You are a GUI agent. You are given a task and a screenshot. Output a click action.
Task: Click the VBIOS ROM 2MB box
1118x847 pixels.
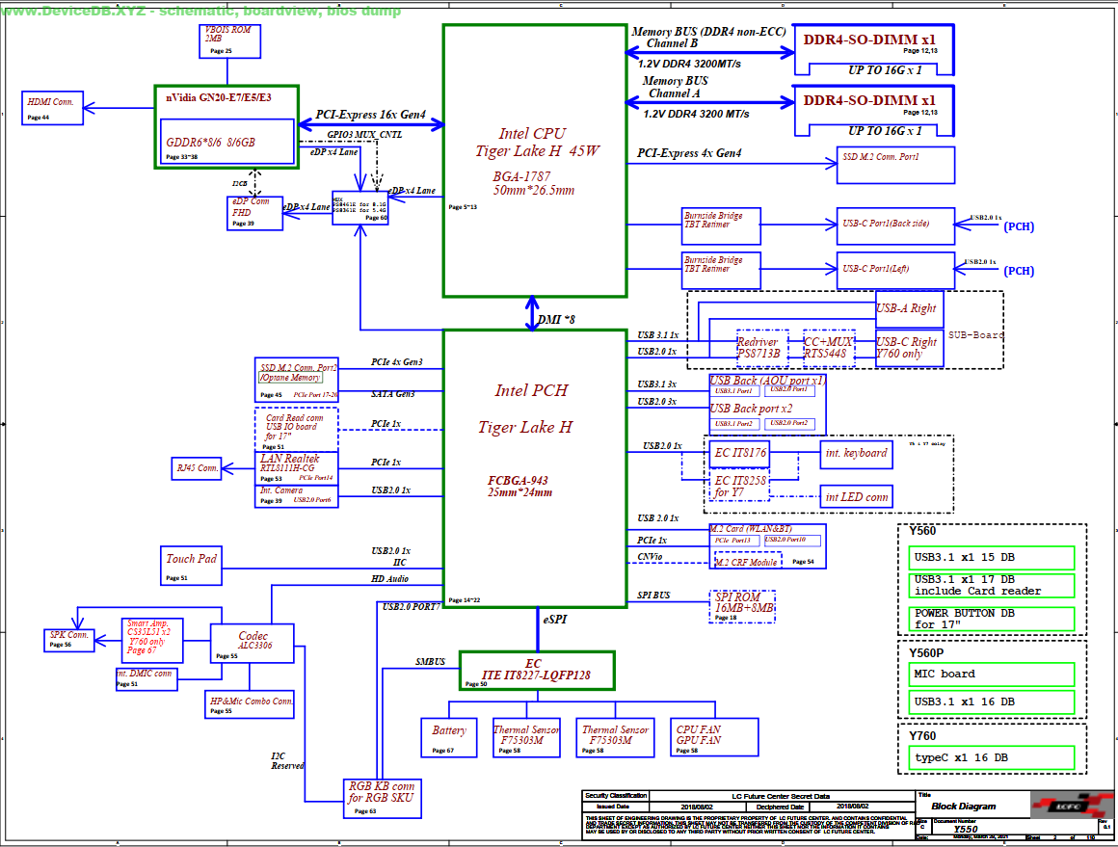[227, 40]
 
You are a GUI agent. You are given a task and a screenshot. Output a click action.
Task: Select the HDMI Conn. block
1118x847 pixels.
[53, 107]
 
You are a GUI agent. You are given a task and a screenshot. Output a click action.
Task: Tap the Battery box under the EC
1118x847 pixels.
[449, 737]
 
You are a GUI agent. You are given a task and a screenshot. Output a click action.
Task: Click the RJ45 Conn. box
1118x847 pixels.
[196, 468]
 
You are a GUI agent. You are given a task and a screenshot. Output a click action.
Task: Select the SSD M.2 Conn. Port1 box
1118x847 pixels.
[894, 164]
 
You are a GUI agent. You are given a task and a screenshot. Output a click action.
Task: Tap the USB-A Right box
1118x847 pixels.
[909, 309]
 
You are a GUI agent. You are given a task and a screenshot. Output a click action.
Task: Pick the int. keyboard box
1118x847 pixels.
[856, 453]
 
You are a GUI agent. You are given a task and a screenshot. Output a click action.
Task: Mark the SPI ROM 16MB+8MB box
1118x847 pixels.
[743, 607]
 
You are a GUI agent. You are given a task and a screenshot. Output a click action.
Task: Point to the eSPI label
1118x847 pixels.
[555, 620]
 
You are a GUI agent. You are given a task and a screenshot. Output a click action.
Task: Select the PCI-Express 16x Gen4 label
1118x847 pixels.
[370, 115]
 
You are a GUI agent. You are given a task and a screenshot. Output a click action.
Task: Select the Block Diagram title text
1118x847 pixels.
[964, 807]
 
